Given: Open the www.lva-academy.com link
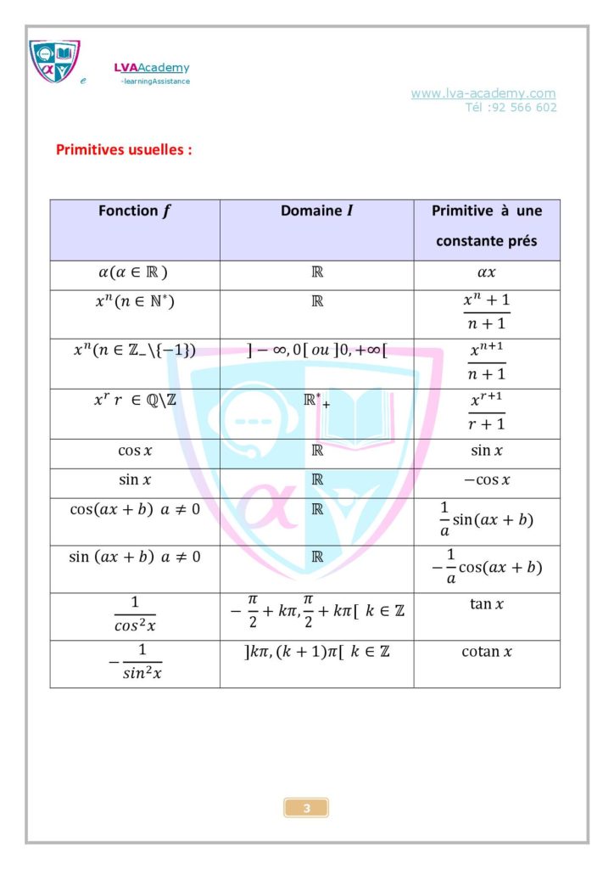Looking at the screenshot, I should tap(483, 93).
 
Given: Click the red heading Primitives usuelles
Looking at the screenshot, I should tap(124, 150).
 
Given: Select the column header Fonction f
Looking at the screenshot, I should tap(135, 211).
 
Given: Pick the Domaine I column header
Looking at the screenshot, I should tap(316, 211).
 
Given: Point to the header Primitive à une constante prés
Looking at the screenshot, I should tap(487, 226).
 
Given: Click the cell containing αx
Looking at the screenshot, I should tap(487, 275).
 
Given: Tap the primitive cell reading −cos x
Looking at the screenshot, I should tap(487, 480).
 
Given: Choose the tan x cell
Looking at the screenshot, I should tap(487, 604).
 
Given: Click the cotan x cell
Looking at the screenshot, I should tap(487, 652).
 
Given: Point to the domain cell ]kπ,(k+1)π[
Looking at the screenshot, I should tap(316, 652).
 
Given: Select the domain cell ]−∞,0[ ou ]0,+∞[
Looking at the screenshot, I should tap(316, 350).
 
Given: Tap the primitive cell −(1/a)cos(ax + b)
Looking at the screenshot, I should tap(487, 568).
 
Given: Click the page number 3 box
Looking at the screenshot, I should tap(306, 808).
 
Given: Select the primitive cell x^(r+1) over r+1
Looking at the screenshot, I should tap(487, 413).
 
